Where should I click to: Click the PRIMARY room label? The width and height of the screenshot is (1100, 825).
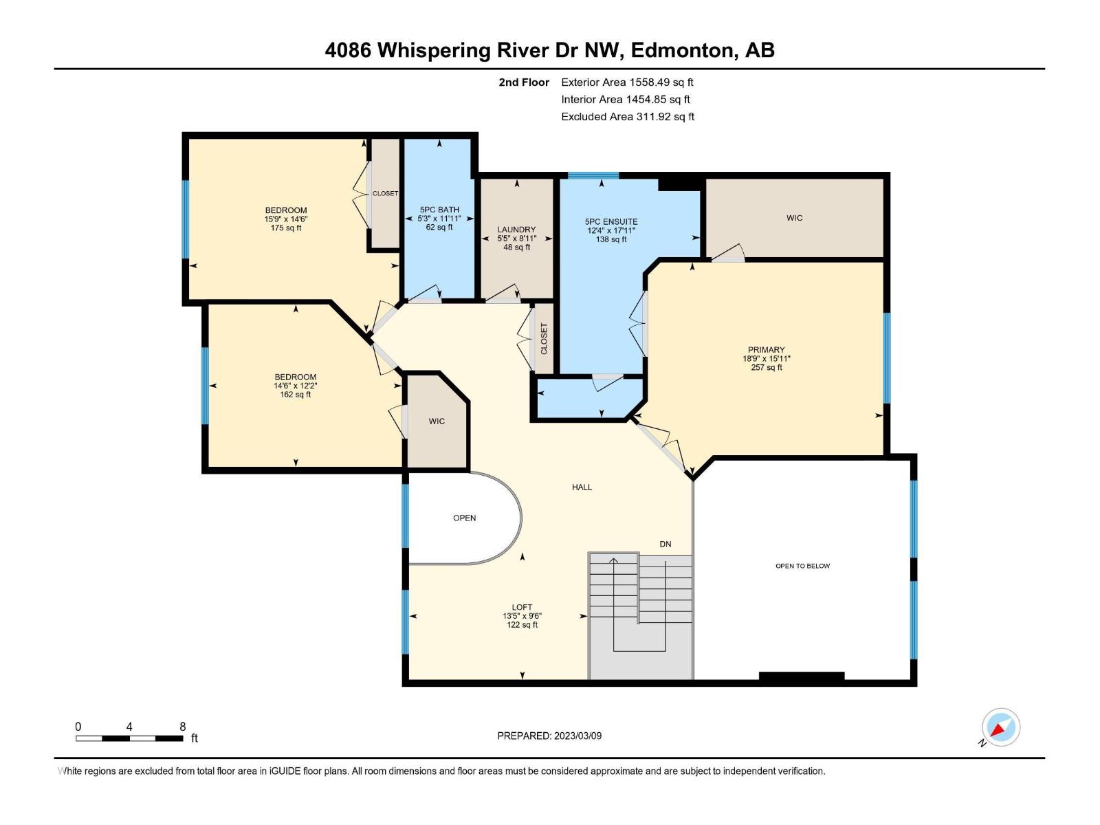(766, 350)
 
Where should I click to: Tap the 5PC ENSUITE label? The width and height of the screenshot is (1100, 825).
(611, 221)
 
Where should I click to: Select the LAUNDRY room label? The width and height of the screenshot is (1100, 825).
(516, 230)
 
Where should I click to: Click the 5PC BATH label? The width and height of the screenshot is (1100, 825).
(439, 210)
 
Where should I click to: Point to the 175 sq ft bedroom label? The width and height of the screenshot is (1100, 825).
(286, 210)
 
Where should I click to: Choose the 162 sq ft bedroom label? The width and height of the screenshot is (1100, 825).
(295, 377)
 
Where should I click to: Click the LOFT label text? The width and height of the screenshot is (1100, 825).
(522, 607)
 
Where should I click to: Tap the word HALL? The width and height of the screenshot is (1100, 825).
(582, 487)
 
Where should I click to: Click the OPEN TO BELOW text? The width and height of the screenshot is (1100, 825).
(802, 566)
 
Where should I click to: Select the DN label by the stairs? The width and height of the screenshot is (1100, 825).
(665, 544)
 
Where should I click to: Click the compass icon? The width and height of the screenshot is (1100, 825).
(1000, 727)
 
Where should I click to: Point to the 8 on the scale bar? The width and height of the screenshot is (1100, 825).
(182, 727)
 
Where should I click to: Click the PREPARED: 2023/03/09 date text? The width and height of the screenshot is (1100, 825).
(549, 736)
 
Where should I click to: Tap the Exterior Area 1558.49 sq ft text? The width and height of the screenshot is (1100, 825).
(627, 82)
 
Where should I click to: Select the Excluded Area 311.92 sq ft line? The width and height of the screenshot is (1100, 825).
(627, 116)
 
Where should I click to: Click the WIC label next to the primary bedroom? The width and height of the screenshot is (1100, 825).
(794, 218)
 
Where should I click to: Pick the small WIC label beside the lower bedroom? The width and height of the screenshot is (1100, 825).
(437, 421)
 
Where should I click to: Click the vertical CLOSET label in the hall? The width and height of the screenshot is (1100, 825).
(544, 339)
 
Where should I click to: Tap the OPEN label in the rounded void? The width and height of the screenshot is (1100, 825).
(464, 518)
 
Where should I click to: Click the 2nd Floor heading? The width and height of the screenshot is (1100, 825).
(524, 82)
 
